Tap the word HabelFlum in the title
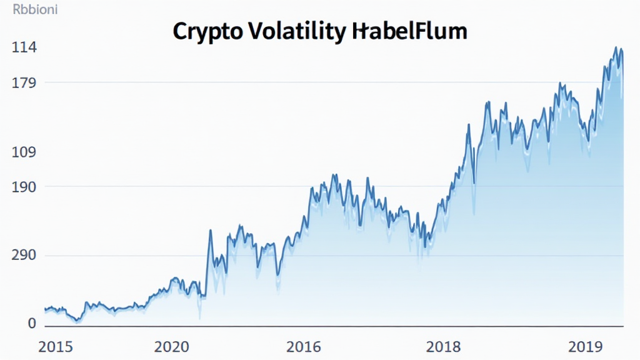(x=409, y=31)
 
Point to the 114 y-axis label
(x=24, y=48)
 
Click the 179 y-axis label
(x=24, y=82)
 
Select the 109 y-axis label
(x=24, y=152)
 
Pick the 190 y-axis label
(x=24, y=187)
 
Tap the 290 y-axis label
(x=24, y=256)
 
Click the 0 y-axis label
(x=14, y=324)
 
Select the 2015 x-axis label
(x=55, y=347)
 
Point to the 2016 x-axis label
(x=304, y=347)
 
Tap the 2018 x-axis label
(x=444, y=347)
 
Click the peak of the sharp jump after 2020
(x=210, y=231)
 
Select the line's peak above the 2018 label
(x=468, y=124)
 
